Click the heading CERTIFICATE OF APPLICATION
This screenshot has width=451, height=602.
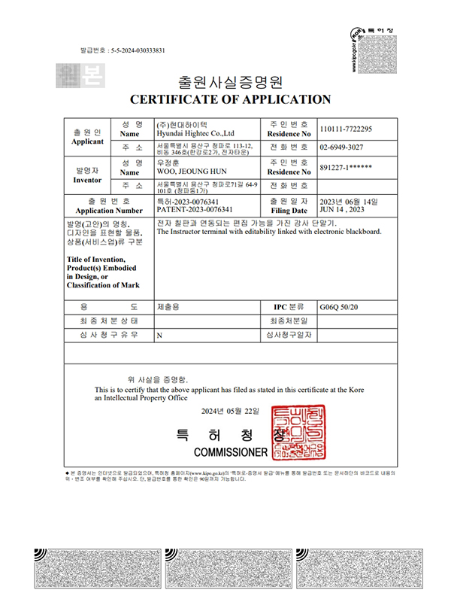[231, 99]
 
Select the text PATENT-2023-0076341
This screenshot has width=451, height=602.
[194, 209]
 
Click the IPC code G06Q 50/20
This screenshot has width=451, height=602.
[341, 307]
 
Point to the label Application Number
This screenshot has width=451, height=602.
[110, 211]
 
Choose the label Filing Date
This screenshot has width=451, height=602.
[289, 211]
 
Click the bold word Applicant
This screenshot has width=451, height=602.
[86, 141]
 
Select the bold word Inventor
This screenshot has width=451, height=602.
[86, 181]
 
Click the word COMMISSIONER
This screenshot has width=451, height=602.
[230, 452]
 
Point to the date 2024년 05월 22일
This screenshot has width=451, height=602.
[230, 412]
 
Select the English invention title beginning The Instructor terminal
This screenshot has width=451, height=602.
[268, 232]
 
